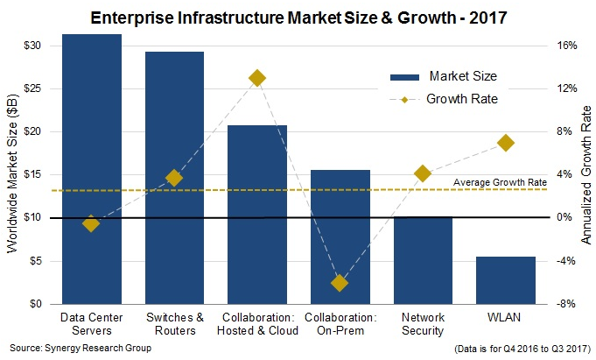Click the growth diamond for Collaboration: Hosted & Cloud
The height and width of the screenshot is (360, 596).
(257, 78)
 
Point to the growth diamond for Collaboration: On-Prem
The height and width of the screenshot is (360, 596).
(340, 283)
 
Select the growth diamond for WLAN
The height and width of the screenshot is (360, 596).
(505, 143)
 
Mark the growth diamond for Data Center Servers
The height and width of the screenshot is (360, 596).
(91, 223)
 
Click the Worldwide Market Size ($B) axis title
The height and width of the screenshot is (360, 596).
(11, 174)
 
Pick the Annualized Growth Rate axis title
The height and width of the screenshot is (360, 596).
(585, 174)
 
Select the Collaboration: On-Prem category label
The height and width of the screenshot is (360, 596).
(340, 323)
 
